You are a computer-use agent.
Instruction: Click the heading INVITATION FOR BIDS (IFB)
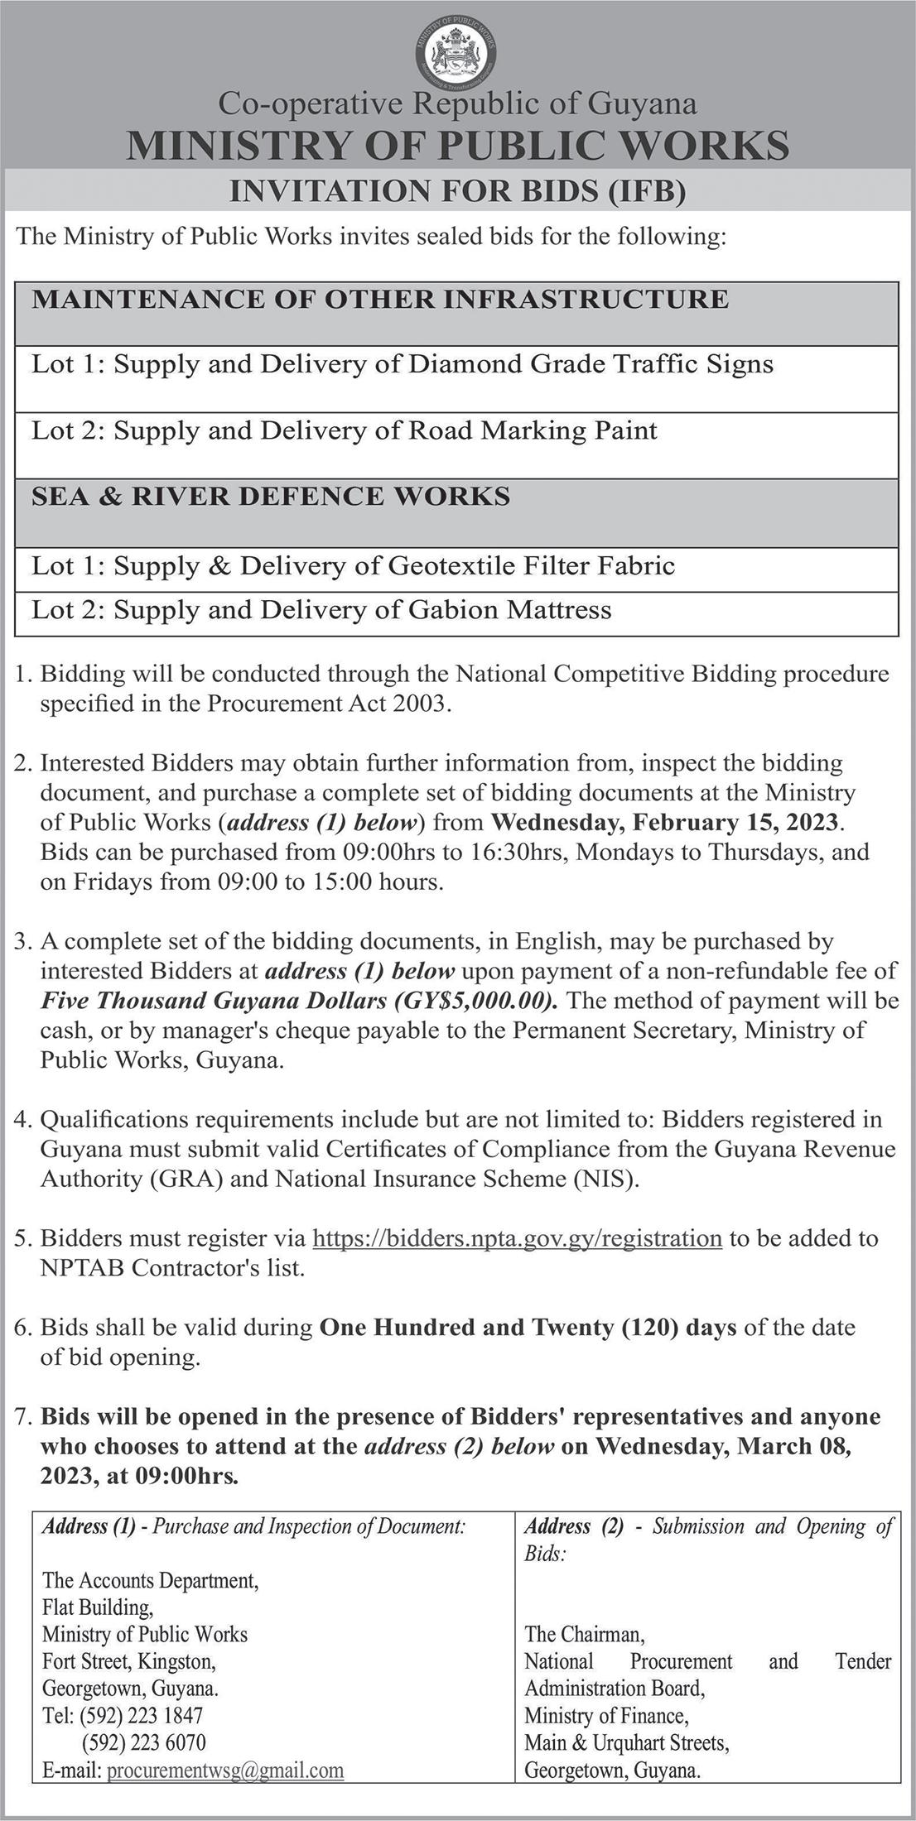[x=457, y=192]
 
